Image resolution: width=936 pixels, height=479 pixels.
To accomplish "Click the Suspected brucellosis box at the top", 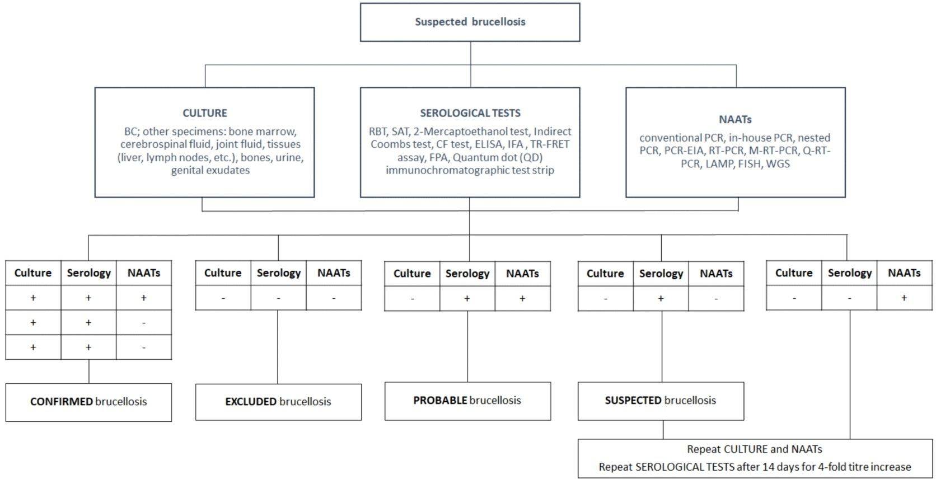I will tap(470, 22).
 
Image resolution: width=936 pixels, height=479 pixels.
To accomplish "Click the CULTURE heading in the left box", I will tap(205, 113).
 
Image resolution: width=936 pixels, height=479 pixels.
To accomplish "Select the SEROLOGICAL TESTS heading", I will tap(470, 113).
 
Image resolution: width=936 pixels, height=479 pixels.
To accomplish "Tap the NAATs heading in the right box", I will tap(735, 119).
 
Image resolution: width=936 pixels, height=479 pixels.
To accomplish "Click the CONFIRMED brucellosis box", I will tap(88, 402).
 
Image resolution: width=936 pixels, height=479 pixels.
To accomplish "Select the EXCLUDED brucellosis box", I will tap(278, 402).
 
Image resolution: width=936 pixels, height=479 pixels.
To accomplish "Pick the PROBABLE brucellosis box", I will tap(467, 401).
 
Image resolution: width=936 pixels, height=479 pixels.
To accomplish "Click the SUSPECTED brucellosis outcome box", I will tap(661, 401).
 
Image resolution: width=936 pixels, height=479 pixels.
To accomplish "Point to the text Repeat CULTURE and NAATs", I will tap(754, 449).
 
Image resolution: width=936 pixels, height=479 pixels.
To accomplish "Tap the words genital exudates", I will tap(210, 170).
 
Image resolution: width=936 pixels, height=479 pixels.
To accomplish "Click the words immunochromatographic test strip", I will tap(470, 170).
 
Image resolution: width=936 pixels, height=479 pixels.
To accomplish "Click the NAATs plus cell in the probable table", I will tap(522, 299).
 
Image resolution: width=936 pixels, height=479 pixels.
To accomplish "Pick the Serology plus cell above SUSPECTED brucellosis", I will tap(661, 299).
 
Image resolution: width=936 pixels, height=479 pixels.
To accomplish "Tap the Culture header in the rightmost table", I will tap(794, 273).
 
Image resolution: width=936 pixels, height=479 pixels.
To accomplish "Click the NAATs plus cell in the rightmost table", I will tap(904, 298).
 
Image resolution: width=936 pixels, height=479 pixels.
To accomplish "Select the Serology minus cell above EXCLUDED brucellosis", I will tap(278, 298).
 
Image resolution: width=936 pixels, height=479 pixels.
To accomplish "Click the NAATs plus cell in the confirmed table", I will tap(144, 298).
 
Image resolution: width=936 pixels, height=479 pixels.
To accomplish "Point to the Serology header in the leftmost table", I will tap(88, 273).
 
